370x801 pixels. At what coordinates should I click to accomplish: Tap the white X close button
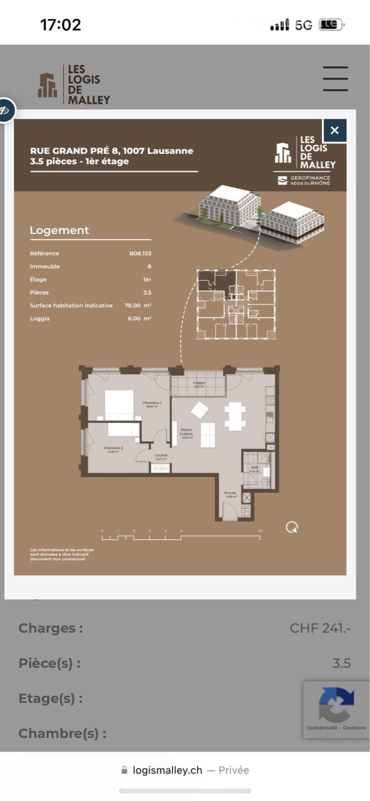[334, 131]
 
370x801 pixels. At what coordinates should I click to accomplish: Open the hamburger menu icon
[335, 79]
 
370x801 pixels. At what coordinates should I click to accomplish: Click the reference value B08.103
[140, 253]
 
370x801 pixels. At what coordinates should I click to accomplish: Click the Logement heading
[59, 230]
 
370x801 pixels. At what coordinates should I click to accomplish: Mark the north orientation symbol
[292, 527]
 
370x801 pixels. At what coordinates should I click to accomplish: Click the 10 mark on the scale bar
[260, 531]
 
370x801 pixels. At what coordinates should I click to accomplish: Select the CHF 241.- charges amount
[320, 628]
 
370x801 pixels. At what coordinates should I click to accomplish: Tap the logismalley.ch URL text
[167, 770]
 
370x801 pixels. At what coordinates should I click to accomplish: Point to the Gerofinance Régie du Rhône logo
[304, 180]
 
